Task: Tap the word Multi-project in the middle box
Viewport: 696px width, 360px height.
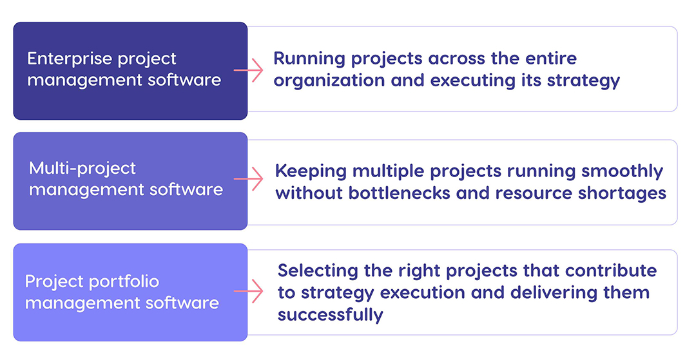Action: click(x=82, y=169)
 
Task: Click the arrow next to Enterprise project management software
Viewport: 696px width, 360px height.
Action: click(x=249, y=70)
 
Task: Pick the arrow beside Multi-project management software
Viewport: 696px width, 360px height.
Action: click(x=249, y=179)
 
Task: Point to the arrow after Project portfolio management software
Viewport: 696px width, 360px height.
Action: click(x=249, y=291)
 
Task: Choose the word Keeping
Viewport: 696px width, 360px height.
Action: click(x=311, y=171)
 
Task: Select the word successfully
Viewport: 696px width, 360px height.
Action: click(x=331, y=315)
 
